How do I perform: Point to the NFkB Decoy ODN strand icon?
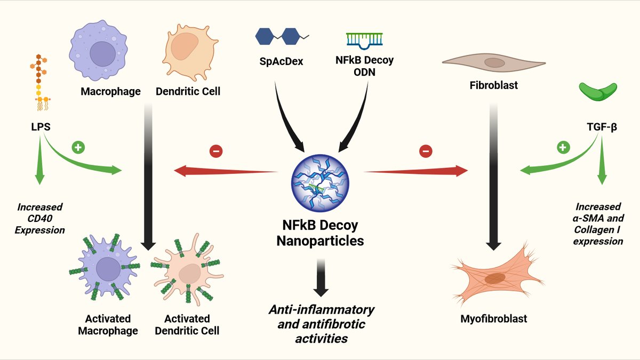tap(365, 39)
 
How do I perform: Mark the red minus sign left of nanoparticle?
tap(216, 151)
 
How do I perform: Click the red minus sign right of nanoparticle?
tap(425, 151)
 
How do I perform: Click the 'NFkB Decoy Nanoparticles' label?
tap(320, 233)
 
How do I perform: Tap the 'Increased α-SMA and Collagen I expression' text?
tap(598, 224)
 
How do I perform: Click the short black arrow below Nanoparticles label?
tap(320, 277)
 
